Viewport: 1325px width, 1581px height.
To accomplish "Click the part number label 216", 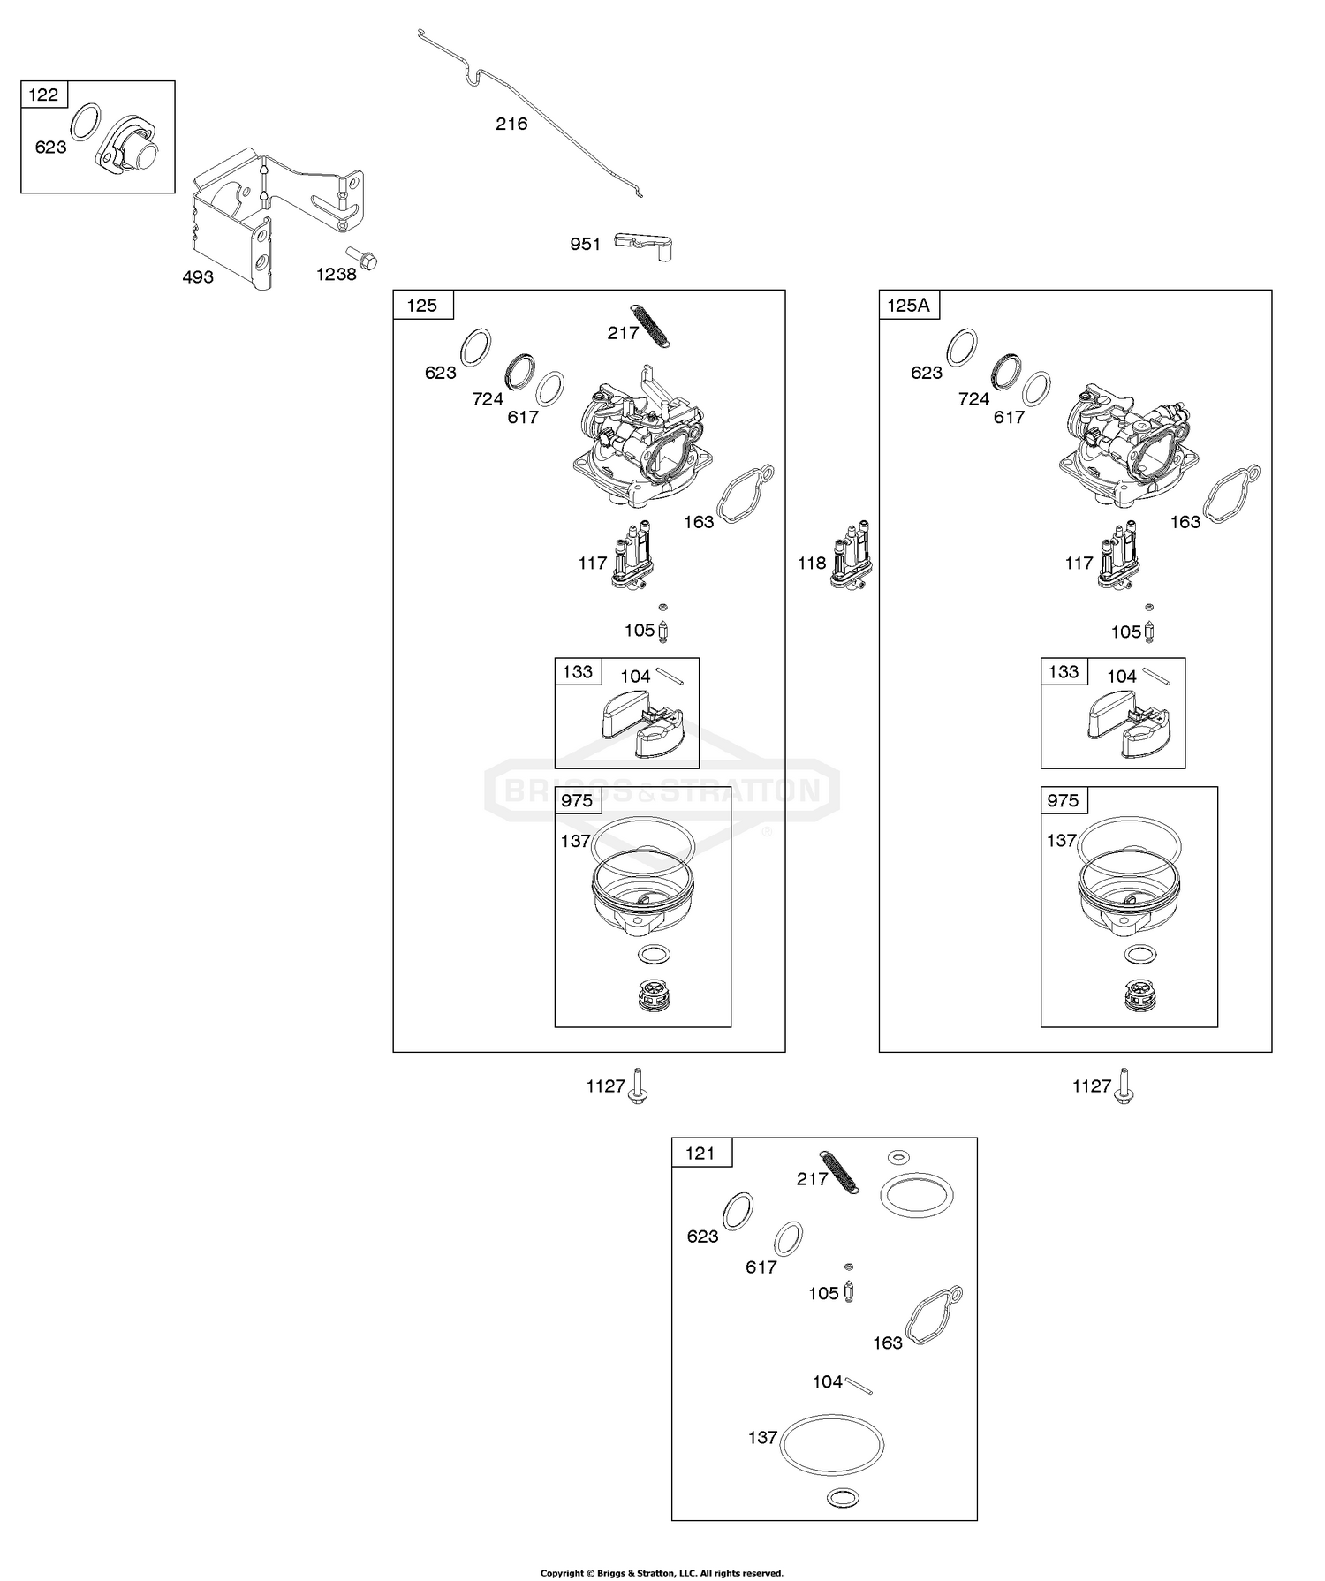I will pyautogui.click(x=511, y=125).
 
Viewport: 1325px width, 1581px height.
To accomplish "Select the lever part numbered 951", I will pyautogui.click(x=647, y=245).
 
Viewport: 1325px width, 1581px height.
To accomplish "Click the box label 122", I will pyautogui.click(x=43, y=95).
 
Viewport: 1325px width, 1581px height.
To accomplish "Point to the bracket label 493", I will pyautogui.click(x=198, y=277).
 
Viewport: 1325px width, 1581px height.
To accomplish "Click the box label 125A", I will pyautogui.click(x=909, y=305).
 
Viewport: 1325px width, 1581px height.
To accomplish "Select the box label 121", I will pyautogui.click(x=700, y=1153).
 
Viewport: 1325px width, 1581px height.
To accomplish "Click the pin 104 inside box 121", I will pyautogui.click(x=859, y=1385).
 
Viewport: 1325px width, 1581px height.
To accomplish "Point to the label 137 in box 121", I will pyautogui.click(x=762, y=1437).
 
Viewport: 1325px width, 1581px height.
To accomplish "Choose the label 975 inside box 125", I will pyautogui.click(x=577, y=800).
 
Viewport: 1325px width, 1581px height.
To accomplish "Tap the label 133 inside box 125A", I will pyautogui.click(x=1064, y=672).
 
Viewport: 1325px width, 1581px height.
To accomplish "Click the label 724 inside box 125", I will pyautogui.click(x=488, y=399).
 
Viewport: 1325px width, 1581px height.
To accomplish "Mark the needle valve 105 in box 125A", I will pyautogui.click(x=1150, y=630).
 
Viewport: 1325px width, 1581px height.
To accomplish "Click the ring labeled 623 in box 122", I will pyautogui.click(x=84, y=121).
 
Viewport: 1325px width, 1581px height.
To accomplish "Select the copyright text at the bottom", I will pyautogui.click(x=662, y=1573).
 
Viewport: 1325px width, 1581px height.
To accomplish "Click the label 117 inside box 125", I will pyautogui.click(x=593, y=563).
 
